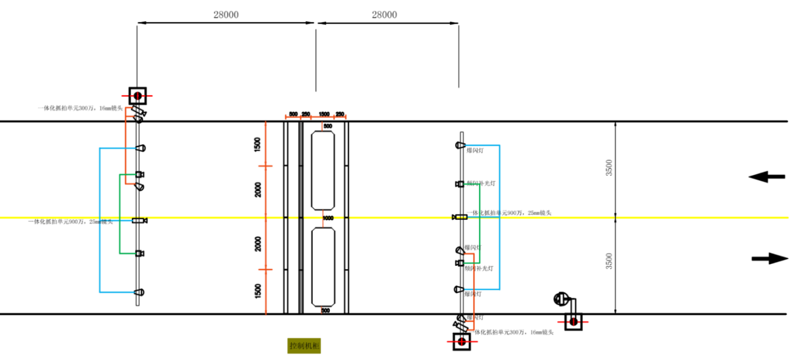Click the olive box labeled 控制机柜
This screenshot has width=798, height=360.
pos(301,346)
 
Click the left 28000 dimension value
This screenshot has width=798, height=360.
pos(226,15)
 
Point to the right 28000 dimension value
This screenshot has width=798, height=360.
pos(384,15)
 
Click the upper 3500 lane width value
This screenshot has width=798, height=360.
pos(609,169)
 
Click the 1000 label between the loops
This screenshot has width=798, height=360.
pos(327,218)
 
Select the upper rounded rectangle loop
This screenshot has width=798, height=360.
pos(323,170)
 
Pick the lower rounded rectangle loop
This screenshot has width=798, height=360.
pos(323,266)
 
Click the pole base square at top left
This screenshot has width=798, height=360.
pos(137,95)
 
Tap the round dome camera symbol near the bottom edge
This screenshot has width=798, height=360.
pos(562,298)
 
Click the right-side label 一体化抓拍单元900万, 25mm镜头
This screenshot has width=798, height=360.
pos(509,213)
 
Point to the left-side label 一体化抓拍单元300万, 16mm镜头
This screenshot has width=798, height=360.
pos(80,108)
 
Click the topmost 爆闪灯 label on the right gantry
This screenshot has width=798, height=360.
pos(474,151)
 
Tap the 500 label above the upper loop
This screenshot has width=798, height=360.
pos(327,126)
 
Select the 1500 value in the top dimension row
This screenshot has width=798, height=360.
pos(324,115)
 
